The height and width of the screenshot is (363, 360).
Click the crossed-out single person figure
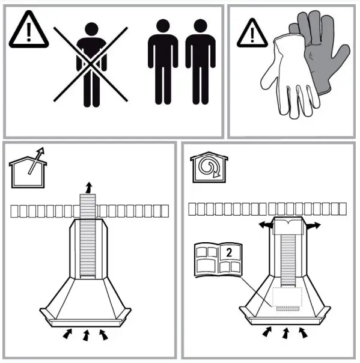pos(91,63)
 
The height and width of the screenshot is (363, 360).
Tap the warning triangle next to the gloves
pos(251,34)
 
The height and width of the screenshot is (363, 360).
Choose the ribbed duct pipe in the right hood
pos(287,258)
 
